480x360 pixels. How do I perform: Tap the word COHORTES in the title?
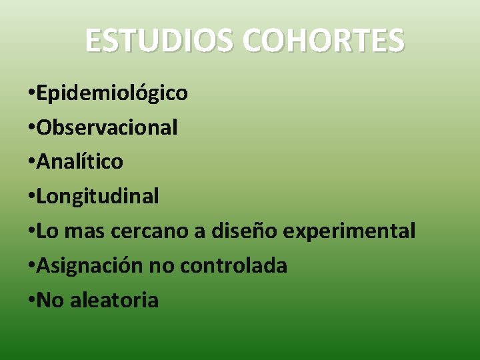pos(323,40)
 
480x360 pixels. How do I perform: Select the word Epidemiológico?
pos(112,93)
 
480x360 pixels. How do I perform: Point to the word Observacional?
pos(107,127)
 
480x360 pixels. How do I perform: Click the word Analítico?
pos(80,162)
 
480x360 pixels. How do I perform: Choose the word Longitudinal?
pos(97,197)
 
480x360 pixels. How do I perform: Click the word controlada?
pos(233,266)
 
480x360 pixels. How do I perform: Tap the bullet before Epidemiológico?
pos(31,93)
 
